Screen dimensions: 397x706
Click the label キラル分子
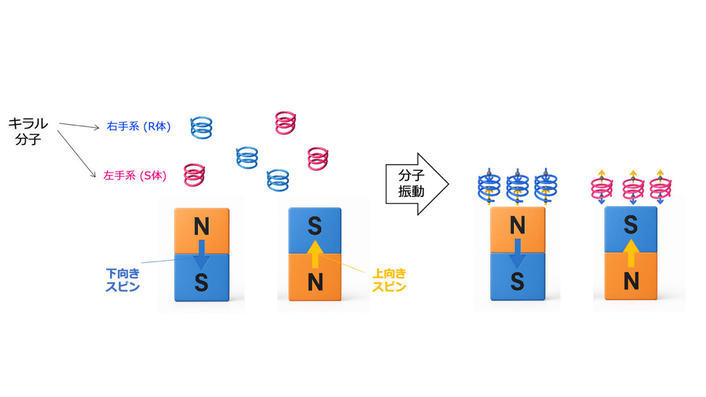point(28,131)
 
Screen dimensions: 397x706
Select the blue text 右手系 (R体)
point(139,127)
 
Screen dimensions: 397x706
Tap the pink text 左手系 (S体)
point(135,176)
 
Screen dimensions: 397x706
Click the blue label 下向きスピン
point(123,280)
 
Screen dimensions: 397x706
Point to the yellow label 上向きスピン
point(389,280)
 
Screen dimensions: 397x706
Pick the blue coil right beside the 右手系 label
point(201,128)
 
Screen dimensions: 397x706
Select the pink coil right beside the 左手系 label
point(194,175)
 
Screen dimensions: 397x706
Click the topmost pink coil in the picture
point(285,123)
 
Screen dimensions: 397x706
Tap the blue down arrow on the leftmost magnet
point(202,254)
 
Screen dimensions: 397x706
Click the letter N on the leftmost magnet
point(202,226)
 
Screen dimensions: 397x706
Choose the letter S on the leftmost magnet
point(201,282)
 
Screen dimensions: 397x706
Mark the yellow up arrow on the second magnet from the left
point(315,254)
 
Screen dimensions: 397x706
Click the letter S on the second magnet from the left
point(315,226)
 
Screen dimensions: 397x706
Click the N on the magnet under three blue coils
point(518,225)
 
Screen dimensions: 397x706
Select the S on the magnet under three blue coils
point(517,281)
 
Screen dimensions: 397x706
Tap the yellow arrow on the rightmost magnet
point(631,253)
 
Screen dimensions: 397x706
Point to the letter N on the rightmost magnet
point(631,281)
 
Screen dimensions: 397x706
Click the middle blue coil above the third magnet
point(518,187)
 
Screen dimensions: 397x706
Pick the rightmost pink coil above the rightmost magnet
point(660,188)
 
